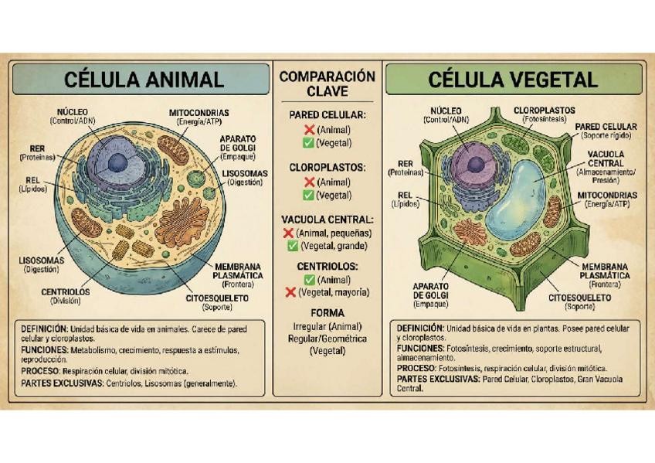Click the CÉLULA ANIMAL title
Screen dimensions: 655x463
(x=144, y=79)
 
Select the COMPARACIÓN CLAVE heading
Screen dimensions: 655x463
(x=327, y=83)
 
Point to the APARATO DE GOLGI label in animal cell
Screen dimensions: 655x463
(x=238, y=143)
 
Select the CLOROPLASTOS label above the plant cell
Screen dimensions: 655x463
(x=544, y=111)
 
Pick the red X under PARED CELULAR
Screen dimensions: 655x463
(x=308, y=130)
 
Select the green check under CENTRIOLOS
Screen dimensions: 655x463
(x=308, y=280)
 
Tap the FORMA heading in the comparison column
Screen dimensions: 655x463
(x=327, y=313)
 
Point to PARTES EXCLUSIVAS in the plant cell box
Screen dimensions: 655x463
(x=437, y=379)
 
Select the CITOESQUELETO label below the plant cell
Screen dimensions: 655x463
(x=579, y=297)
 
